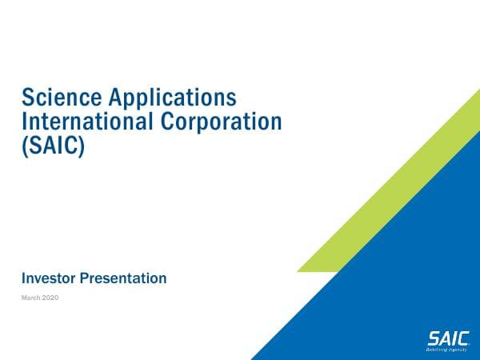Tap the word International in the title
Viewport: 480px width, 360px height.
pyautogui.click(x=78, y=123)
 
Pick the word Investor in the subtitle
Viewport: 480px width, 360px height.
pyautogui.click(x=46, y=278)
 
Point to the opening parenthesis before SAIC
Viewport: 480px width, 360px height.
pyautogui.click(x=25, y=148)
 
